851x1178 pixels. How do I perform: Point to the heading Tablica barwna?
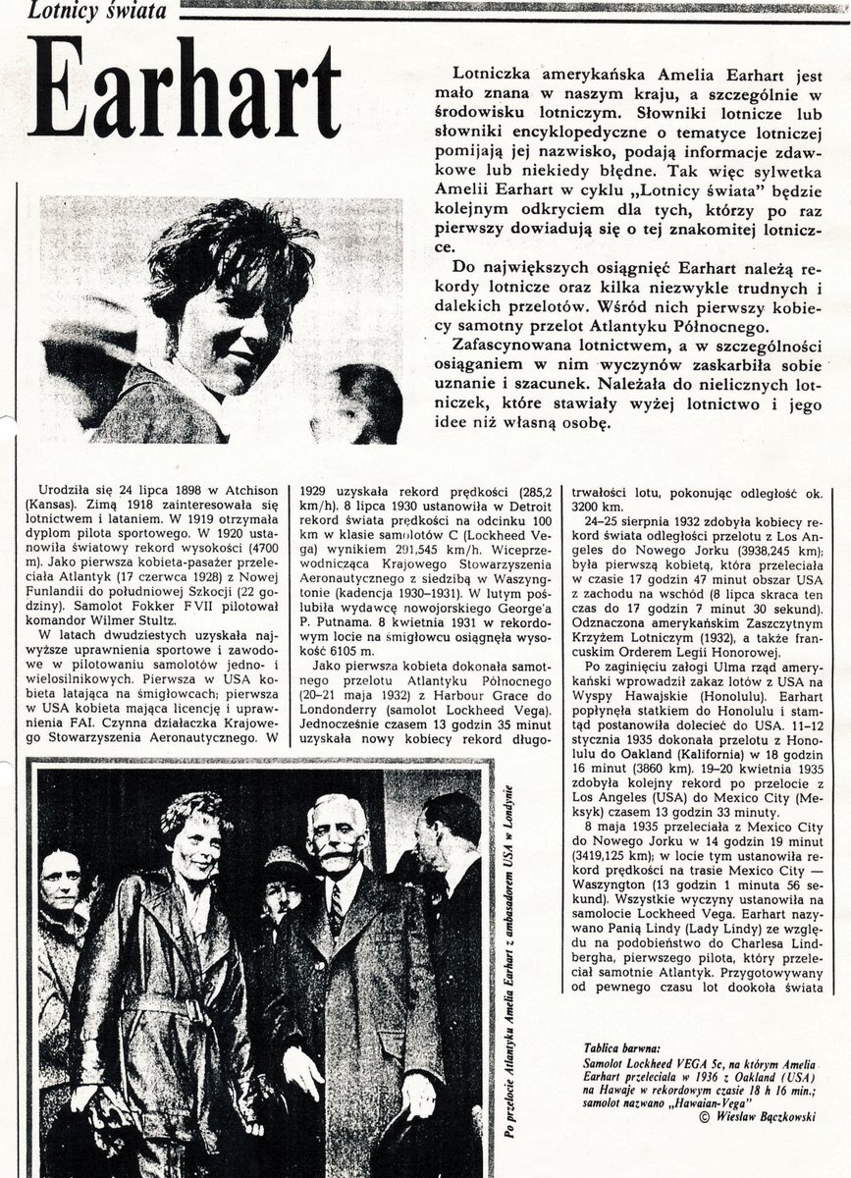pos(620,1047)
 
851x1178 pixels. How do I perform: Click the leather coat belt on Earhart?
pos(162,1003)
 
